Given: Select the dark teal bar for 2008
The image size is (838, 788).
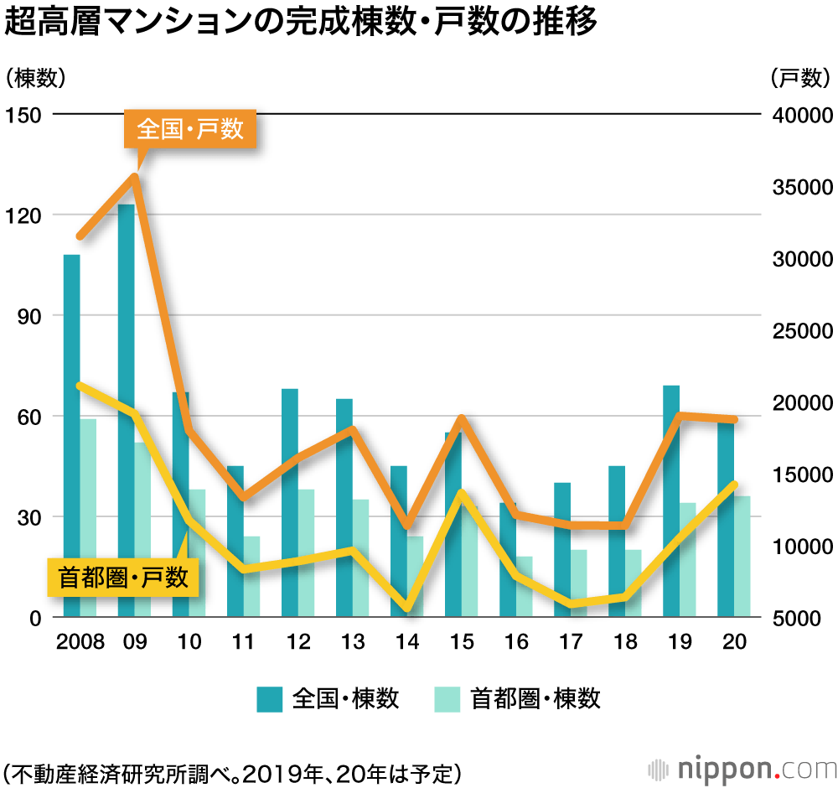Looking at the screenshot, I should pyautogui.click(x=72, y=436).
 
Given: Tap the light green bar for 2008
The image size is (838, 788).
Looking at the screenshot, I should pyautogui.click(x=88, y=520).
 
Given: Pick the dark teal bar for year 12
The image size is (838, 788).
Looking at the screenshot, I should pyautogui.click(x=290, y=503).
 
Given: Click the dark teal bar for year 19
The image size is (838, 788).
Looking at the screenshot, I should pyautogui.click(x=670, y=503).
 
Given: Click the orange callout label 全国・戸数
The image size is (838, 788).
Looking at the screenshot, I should pyautogui.click(x=190, y=130).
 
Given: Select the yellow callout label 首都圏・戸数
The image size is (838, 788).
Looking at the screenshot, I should pyautogui.click(x=123, y=577).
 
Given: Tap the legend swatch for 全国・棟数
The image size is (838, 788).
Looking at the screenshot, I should pyautogui.click(x=269, y=698).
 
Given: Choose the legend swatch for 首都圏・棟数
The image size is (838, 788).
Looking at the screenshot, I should pyautogui.click(x=447, y=698).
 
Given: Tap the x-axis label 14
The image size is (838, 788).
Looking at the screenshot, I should pyautogui.click(x=407, y=642).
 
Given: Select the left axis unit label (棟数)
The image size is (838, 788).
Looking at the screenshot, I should pyautogui.click(x=34, y=78).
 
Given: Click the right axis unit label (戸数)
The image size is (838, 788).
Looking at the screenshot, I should pyautogui.click(x=799, y=78).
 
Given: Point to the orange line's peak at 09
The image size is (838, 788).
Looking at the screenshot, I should pyautogui.click(x=133, y=176).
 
